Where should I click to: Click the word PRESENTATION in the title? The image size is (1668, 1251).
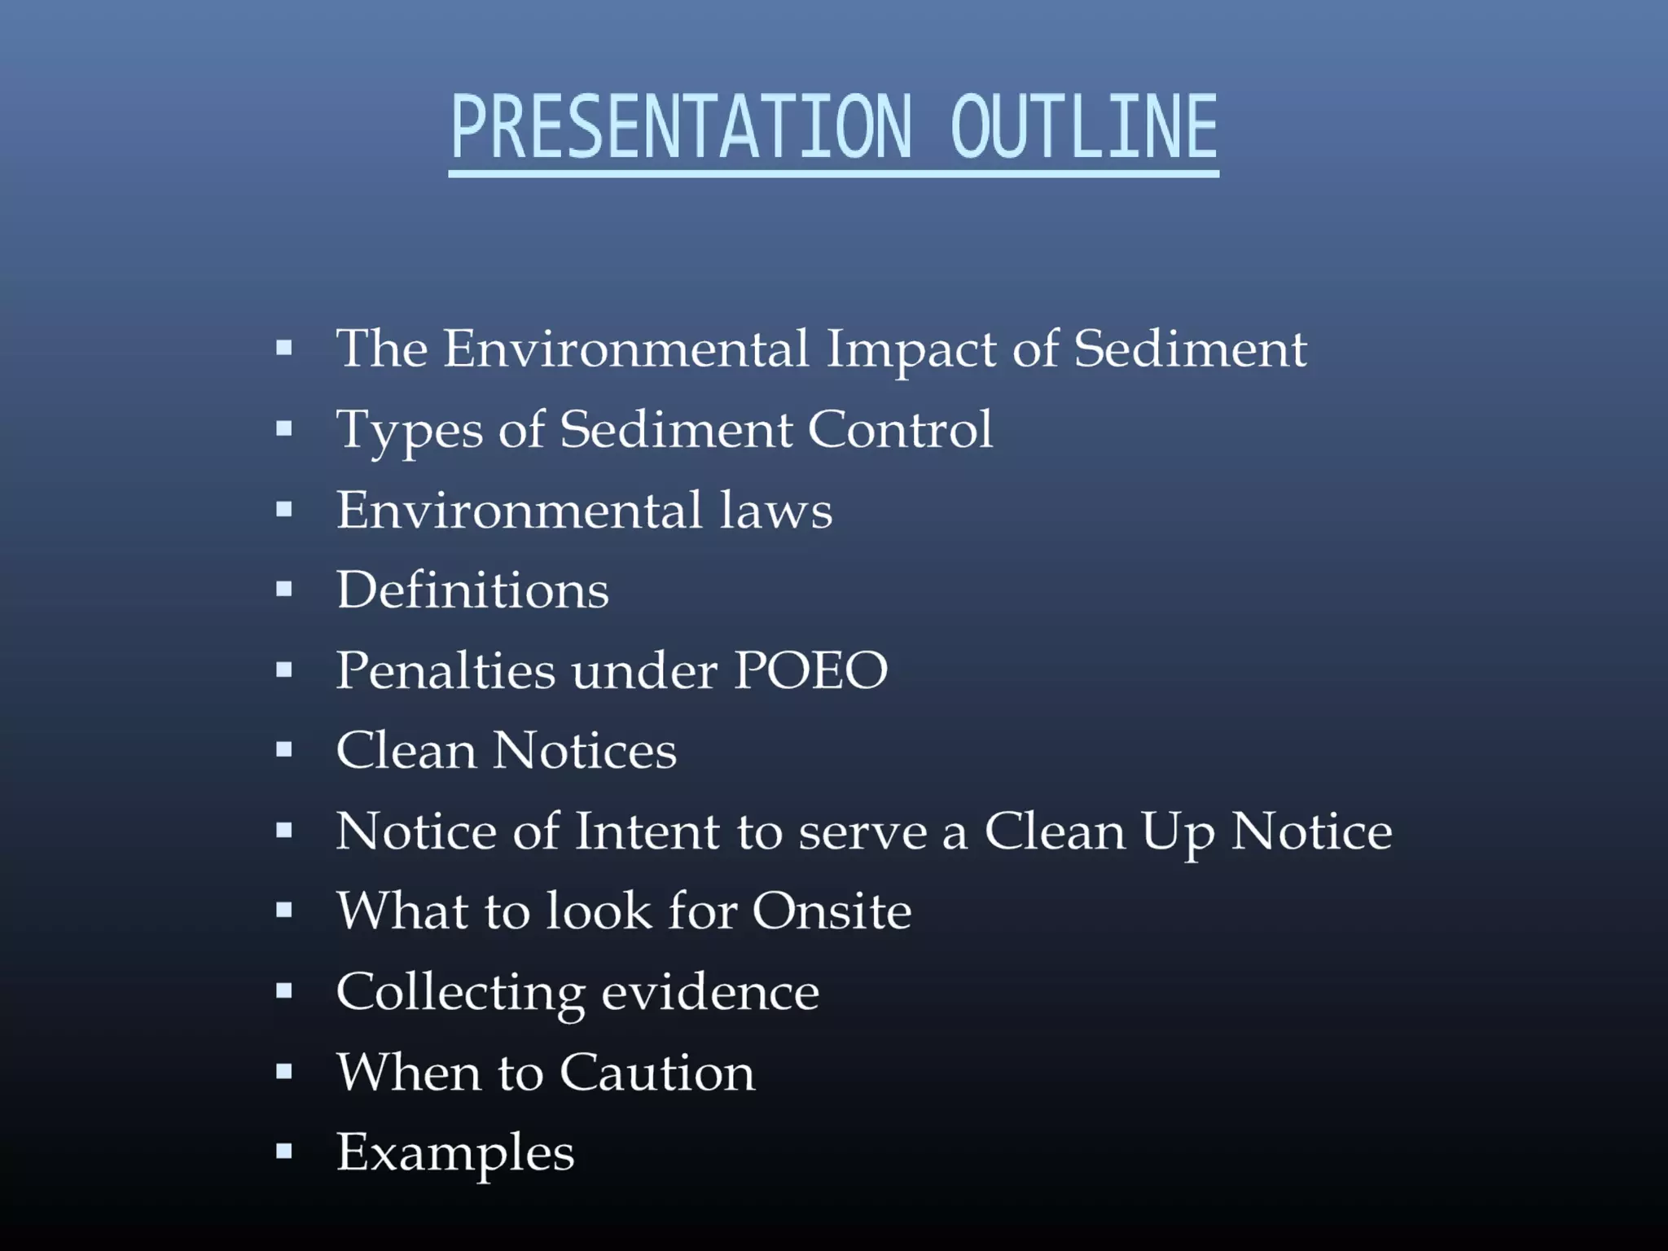pos(681,127)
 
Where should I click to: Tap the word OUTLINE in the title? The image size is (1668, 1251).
pos(1083,127)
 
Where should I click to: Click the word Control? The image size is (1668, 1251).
pos(900,429)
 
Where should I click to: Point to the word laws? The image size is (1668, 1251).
pos(775,511)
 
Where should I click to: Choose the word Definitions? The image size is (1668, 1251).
pos(472,590)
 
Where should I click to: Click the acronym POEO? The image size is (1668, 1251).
pos(810,670)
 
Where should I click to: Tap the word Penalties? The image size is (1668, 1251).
pos(446,670)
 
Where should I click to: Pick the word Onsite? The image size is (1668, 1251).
pos(831,911)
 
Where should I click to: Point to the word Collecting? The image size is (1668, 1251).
pos(460,993)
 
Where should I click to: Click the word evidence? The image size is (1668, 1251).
pos(710,993)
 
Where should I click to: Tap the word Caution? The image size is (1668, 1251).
pos(657,1072)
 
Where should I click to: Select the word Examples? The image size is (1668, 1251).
pos(455,1153)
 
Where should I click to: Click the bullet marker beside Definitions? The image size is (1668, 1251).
pos(283,589)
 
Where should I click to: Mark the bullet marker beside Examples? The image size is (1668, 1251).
pos(283,1152)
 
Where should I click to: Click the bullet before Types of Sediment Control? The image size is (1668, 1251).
pos(283,428)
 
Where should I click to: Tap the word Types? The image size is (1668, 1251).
pos(410,431)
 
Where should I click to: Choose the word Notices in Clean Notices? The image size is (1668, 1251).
pos(585,750)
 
